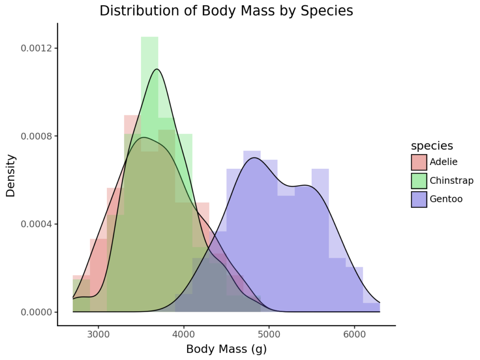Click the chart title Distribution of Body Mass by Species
point(226,11)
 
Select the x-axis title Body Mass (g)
point(226,349)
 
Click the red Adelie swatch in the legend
point(419,162)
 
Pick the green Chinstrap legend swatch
point(419,180)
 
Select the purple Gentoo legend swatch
point(419,199)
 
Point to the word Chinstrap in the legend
point(451,180)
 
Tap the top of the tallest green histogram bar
point(150,37)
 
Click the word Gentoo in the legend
point(446,199)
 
